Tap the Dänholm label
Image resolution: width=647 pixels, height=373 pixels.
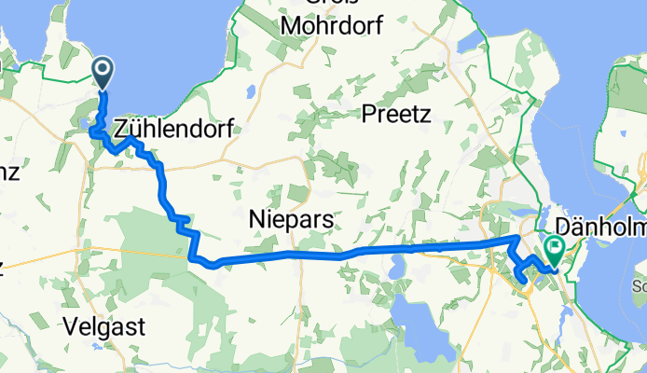pyautogui.click(x=599, y=226)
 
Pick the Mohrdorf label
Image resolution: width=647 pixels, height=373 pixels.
pyautogui.click(x=331, y=25)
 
